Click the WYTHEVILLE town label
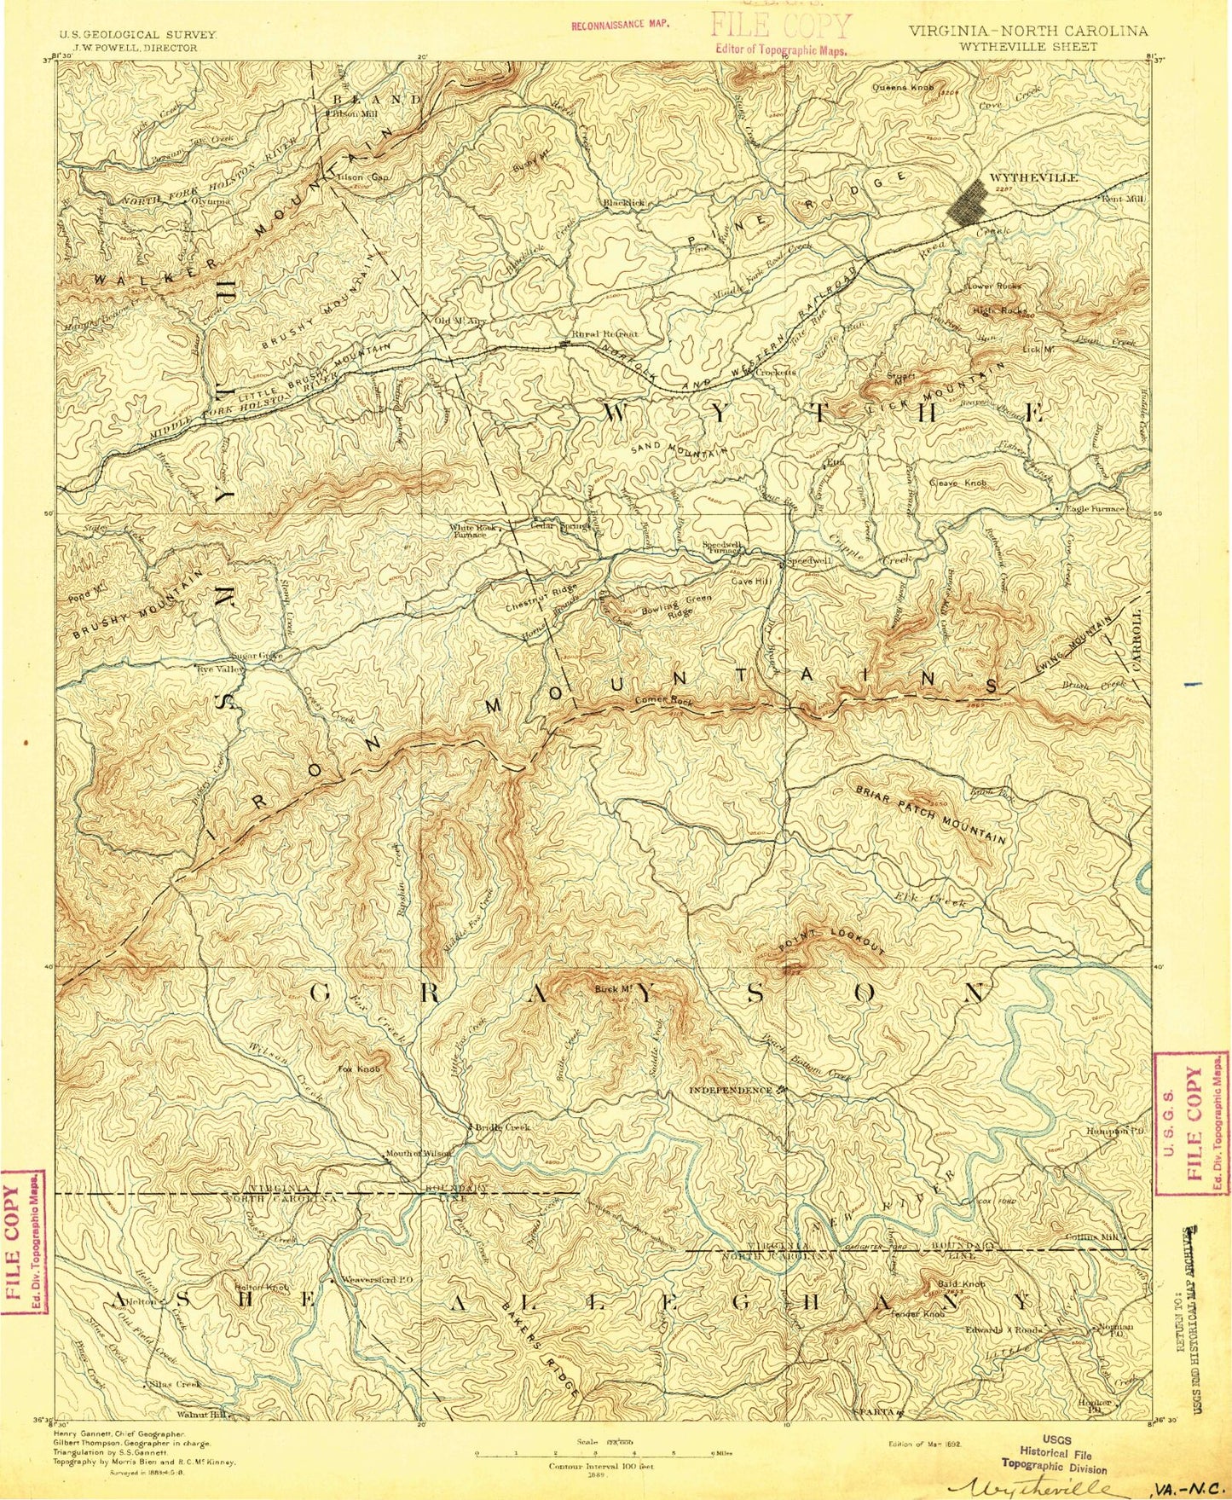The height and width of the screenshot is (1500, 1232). point(1032,177)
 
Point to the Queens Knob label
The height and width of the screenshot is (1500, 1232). point(903,87)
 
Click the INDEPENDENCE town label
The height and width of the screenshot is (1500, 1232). point(732,1090)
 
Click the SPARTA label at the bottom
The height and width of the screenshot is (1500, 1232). point(874,1413)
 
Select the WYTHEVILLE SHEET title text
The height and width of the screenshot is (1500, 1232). point(1027,47)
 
